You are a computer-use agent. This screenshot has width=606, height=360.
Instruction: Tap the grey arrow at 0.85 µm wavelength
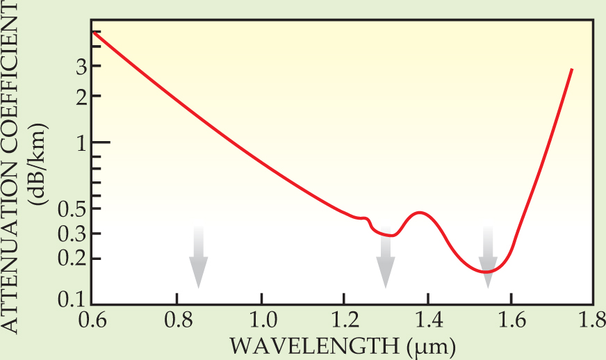[x=198, y=257]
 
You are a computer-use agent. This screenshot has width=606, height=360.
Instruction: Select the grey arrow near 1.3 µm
[x=385, y=257]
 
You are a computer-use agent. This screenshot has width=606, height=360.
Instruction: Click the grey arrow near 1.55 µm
[x=488, y=257]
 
